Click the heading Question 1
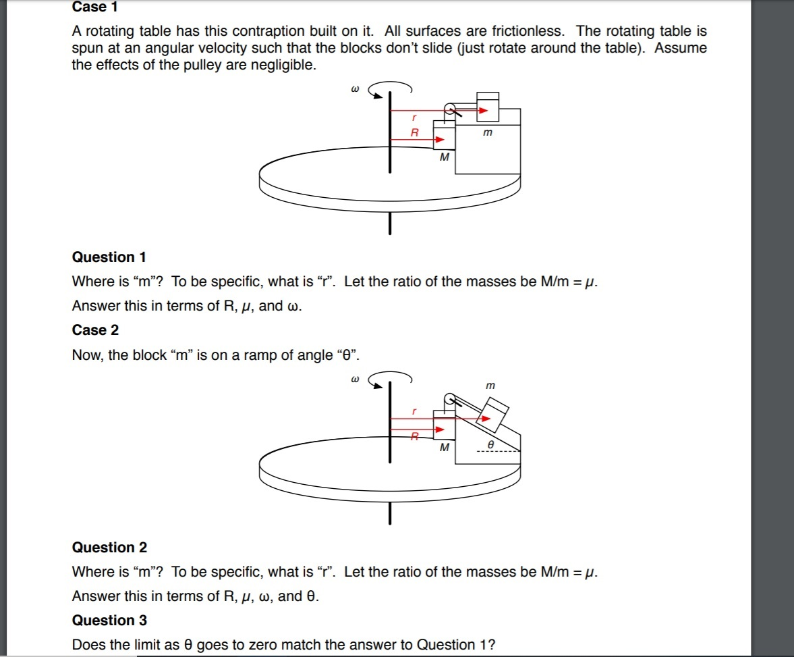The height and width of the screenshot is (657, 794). tap(109, 257)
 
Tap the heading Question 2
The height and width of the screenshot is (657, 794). tap(109, 548)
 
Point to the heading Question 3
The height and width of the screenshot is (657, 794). tap(109, 621)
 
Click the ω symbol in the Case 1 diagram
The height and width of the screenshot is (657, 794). tap(353, 88)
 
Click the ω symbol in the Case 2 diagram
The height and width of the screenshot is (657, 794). tap(353, 379)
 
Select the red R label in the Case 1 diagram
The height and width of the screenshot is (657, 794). tap(415, 133)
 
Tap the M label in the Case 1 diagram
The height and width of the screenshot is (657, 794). tap(444, 158)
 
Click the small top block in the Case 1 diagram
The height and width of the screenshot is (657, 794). tap(488, 105)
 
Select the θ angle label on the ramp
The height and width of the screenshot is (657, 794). tap(491, 446)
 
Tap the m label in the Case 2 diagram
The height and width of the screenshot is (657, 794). tap(490, 386)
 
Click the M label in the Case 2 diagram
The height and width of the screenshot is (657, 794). tap(444, 447)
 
